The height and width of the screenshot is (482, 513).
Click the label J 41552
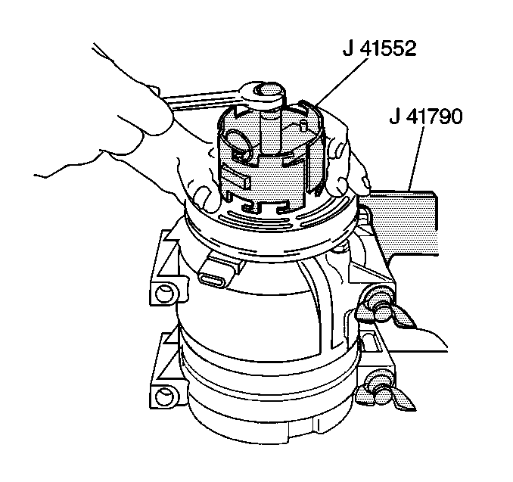tap(379, 49)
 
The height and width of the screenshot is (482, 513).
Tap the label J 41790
tap(426, 116)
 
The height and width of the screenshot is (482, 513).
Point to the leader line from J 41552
tap(342, 82)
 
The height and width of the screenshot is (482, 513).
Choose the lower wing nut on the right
tap(382, 393)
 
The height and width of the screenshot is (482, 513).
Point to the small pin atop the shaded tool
tap(303, 126)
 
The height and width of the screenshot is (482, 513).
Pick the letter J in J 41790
tap(394, 116)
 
